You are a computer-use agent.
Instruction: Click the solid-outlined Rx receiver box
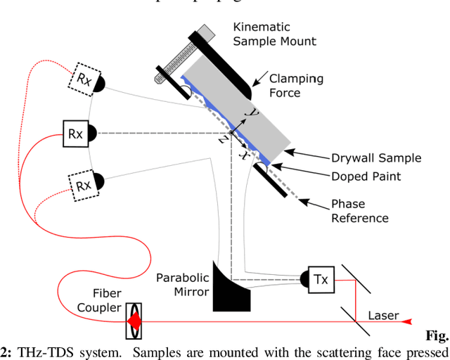pos(74,132)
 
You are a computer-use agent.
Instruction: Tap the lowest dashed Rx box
pos(83,186)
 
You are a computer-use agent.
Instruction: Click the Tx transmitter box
pos(321,279)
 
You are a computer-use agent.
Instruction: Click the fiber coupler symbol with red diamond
pos(133,320)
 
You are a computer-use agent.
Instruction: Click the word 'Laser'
pos(382,315)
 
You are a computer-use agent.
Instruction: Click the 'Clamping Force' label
pos(294,85)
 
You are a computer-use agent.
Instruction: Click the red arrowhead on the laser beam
pos(406,321)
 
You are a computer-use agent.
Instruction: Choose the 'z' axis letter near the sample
pos(222,139)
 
